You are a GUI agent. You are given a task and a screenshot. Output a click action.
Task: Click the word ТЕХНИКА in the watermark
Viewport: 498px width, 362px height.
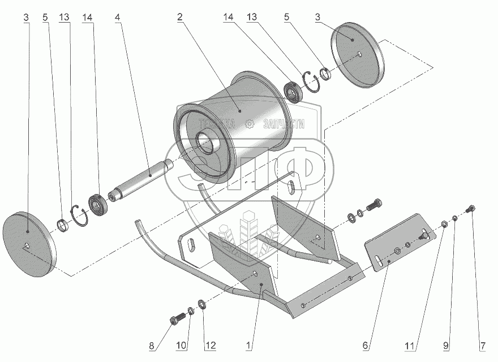[x=216, y=125]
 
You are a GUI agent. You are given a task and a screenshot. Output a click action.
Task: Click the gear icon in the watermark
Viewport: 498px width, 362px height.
[x=249, y=124]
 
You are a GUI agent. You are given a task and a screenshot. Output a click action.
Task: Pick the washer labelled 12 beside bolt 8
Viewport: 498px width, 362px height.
[x=203, y=302]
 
